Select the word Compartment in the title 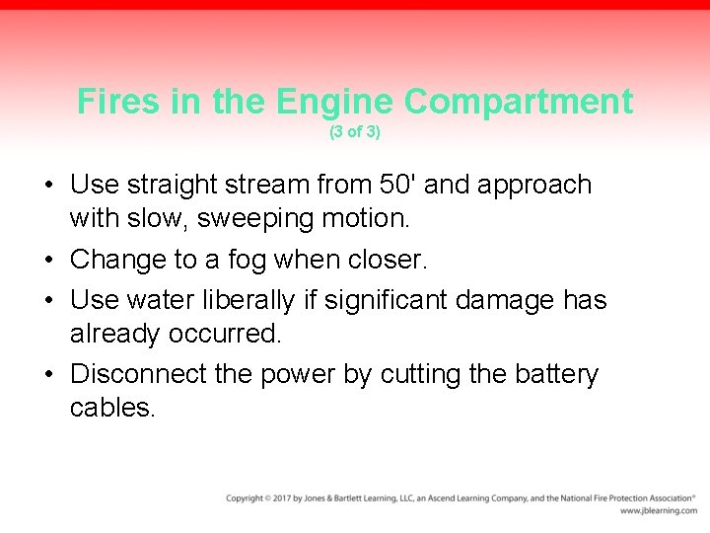(519, 101)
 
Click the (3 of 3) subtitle (355, 131)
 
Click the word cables (112, 407)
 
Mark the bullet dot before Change (49, 262)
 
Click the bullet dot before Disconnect (49, 376)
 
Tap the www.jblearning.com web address (658, 510)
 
